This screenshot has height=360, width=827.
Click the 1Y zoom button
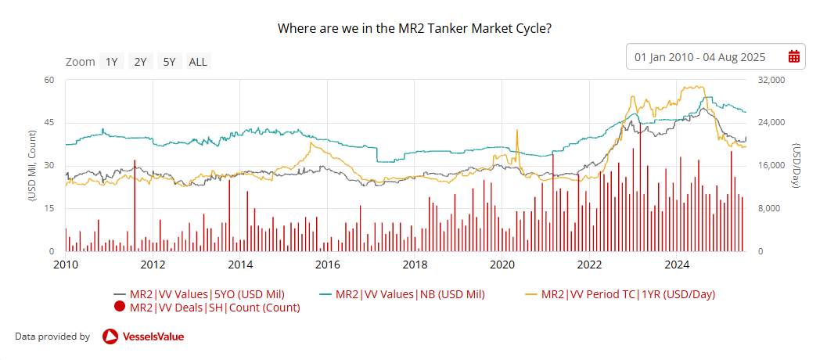(112, 62)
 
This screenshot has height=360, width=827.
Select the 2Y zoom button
(140, 62)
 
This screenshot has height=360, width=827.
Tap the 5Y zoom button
(168, 62)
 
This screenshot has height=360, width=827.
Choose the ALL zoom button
(198, 62)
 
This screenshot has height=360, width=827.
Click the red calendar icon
(793, 56)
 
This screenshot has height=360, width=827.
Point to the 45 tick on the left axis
(48, 122)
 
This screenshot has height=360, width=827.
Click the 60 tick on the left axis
(48, 80)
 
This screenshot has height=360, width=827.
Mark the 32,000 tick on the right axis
(771, 80)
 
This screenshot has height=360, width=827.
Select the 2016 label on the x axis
(325, 264)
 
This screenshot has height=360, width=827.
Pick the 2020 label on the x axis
(502, 264)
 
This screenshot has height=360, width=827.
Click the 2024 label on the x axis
(677, 264)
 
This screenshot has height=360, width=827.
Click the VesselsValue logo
(143, 337)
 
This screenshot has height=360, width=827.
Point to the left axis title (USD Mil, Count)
(32, 166)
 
